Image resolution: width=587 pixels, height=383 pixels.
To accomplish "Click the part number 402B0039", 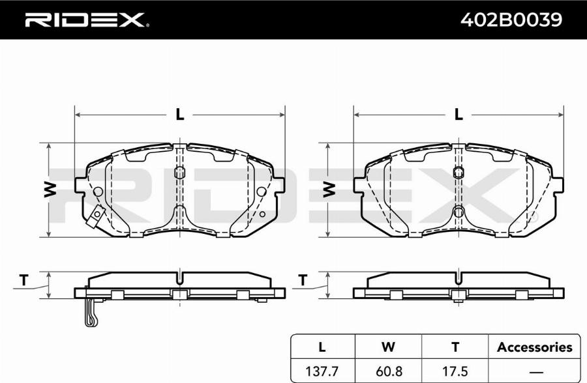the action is click(x=511, y=20).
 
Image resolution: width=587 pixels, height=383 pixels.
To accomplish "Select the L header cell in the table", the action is click(x=322, y=347).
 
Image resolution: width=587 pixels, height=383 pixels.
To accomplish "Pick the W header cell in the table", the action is click(x=388, y=347).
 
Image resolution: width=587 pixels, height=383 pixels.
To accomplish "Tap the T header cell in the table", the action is click(x=455, y=347).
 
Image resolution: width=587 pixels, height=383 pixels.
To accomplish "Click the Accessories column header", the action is click(x=535, y=347).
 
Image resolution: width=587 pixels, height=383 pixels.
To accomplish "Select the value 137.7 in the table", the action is click(x=322, y=371).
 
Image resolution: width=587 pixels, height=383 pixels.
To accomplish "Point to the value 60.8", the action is click(x=388, y=371).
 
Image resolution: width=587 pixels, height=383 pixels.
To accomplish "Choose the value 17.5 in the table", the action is click(x=455, y=371).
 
